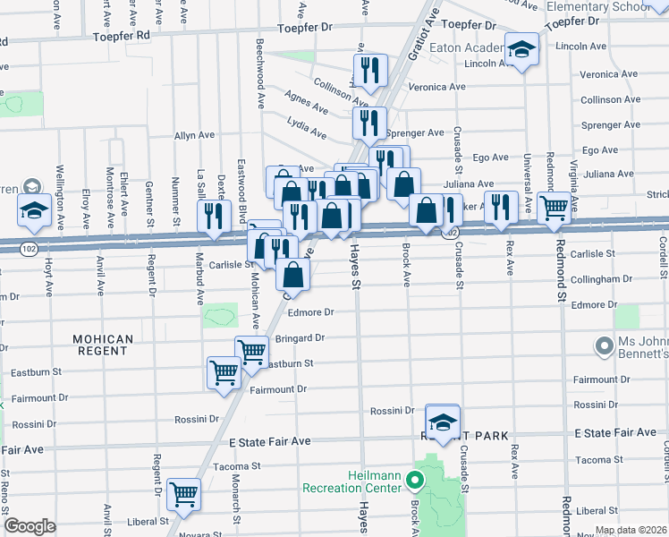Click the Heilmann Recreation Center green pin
pos(415,481)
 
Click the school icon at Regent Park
pos(443,422)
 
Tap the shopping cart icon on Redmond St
pos(555,208)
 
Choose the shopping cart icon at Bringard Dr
pos(251,352)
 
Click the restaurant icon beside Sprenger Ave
pos(368,123)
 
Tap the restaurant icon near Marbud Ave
pos(214,217)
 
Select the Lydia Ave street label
pos(307,127)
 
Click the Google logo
pos(30,525)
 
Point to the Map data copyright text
pos(630,530)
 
